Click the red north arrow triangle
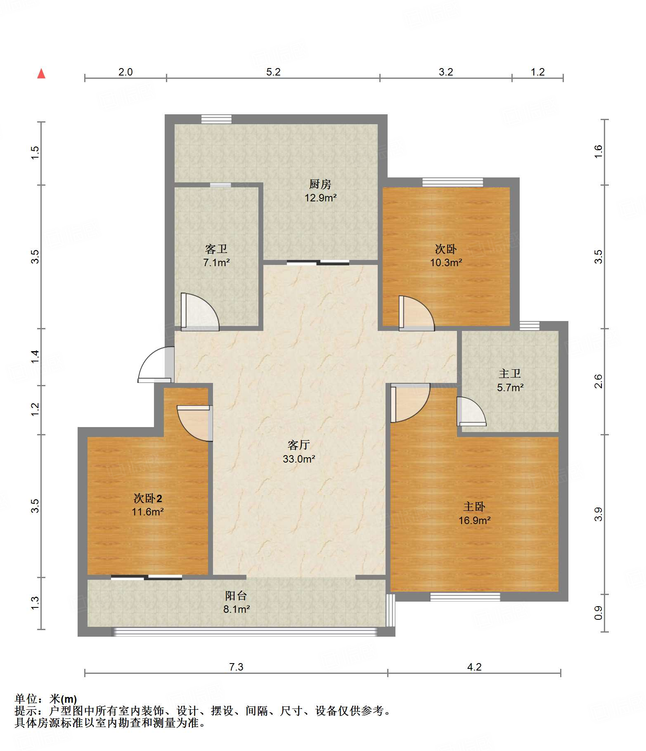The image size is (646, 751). coord(41,73)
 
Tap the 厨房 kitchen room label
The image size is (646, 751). coord(320,184)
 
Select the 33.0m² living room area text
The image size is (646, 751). coord(299,459)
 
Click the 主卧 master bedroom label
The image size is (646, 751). coord(474,507)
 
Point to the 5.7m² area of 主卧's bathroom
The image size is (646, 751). coord(510,387)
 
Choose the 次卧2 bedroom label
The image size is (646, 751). coord(147,498)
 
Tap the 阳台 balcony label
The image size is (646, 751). coord(236,595)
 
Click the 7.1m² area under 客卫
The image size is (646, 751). coord(216,262)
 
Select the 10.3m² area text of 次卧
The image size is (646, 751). coord(446,262)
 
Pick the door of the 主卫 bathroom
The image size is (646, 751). coord(471,411)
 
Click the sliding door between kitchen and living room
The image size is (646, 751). coord(318,262)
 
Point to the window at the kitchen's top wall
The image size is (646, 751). coord(216,119)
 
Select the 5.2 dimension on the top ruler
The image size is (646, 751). coord(273,72)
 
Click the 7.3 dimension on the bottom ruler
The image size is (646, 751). coord(236,667)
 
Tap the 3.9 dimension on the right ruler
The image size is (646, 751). coord(598,515)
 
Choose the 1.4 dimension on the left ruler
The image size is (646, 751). coord(35,357)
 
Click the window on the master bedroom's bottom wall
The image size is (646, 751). coord(465,597)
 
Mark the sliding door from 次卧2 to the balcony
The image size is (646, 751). coord(147,577)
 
